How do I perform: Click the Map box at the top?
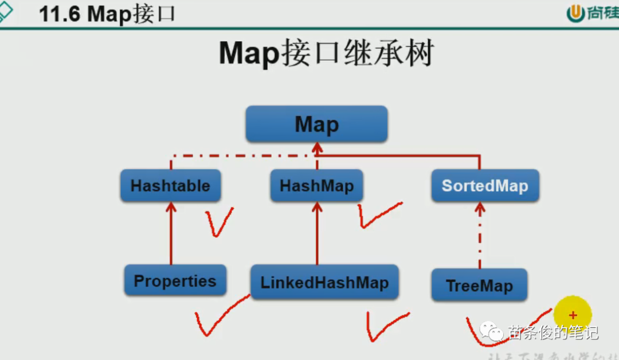(316, 124)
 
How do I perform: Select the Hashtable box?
(170, 185)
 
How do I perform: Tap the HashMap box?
(316, 185)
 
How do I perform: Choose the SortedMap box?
(485, 185)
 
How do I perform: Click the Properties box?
(175, 281)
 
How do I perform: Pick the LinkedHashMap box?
(324, 282)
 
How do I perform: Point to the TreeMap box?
(479, 285)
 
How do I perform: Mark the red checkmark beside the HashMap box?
(378, 214)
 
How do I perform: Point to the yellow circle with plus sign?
(572, 315)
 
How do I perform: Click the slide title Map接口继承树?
(326, 54)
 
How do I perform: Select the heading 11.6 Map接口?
(107, 14)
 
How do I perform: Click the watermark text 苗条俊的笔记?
(553, 332)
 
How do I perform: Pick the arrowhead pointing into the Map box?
(316, 148)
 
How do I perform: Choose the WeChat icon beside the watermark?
(491, 331)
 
